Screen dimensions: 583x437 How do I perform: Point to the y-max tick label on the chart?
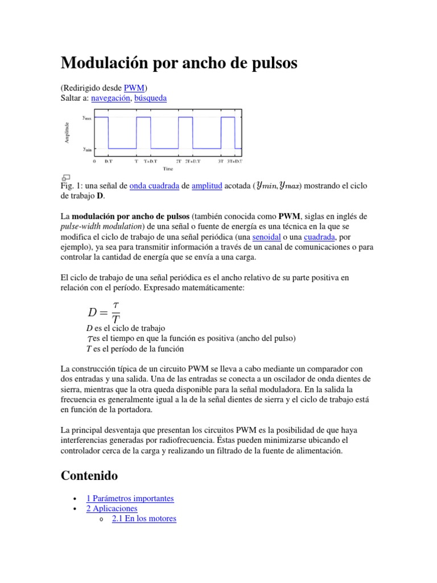[x=88, y=118]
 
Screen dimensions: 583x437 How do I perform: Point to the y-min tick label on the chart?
[x=88, y=149]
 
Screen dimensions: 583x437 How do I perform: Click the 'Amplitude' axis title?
[x=68, y=133]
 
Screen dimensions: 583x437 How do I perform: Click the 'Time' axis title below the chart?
[x=168, y=169]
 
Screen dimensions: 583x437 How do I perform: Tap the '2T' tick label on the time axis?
[x=178, y=162]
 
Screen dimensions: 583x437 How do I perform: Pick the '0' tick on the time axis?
[x=94, y=162]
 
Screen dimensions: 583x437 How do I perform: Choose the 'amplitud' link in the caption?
[x=207, y=186]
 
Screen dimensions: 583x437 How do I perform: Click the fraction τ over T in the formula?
[x=116, y=312]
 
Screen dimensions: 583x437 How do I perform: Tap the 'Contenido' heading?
[x=89, y=475]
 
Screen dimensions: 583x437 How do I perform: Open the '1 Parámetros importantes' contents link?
[x=130, y=498]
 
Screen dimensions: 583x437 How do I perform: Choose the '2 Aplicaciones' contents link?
[x=112, y=508]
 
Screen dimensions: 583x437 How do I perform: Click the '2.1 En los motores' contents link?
[x=144, y=519]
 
